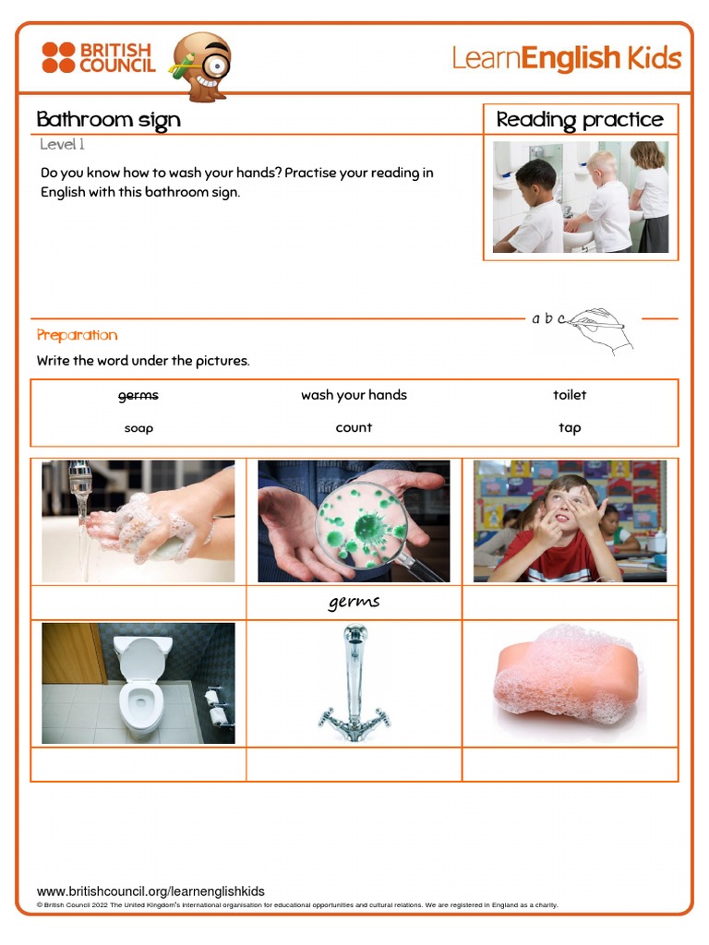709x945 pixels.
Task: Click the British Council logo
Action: point(97,57)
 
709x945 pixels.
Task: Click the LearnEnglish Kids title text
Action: point(566,58)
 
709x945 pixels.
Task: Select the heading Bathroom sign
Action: point(108,119)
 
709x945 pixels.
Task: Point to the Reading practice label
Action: point(580,119)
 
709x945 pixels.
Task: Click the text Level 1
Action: point(63,145)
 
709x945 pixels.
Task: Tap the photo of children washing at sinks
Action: point(580,197)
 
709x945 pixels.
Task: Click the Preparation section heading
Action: point(78,335)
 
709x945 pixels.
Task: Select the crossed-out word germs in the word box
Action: point(138,395)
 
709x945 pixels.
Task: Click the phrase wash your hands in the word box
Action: point(354,395)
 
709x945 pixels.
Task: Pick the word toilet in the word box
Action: point(570,395)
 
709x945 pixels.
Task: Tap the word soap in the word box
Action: point(138,428)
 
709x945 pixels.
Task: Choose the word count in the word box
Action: point(354,428)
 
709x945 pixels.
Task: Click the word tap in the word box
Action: point(570,428)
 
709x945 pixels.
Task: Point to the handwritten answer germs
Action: point(354,603)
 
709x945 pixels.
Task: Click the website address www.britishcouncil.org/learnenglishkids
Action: point(150,891)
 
